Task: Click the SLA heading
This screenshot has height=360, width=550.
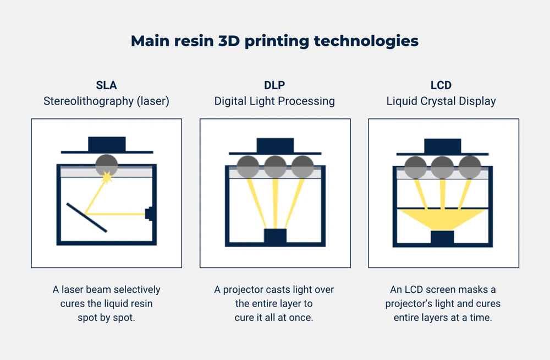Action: click(x=106, y=85)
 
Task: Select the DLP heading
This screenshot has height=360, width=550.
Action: click(x=274, y=85)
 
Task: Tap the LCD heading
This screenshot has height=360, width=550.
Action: click(x=441, y=85)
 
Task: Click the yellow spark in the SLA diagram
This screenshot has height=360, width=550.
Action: click(x=107, y=177)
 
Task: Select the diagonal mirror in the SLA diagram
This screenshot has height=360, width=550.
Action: click(x=87, y=217)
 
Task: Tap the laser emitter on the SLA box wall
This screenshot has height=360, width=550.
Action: click(x=149, y=214)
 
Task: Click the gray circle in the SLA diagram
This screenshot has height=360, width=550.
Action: click(x=107, y=165)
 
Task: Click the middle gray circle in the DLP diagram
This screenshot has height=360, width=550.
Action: click(x=275, y=167)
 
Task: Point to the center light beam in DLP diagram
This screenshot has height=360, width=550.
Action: click(x=275, y=204)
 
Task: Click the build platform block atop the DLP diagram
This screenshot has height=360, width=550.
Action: click(x=275, y=145)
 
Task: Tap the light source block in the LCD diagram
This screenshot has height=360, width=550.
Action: click(x=442, y=237)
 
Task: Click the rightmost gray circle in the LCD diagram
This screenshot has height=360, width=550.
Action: click(x=470, y=167)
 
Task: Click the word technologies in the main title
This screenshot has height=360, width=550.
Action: click(x=366, y=41)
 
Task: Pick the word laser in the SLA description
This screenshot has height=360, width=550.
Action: click(x=72, y=290)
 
